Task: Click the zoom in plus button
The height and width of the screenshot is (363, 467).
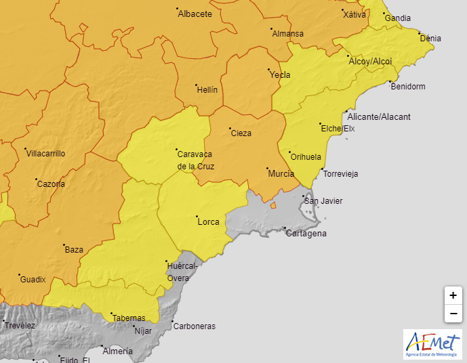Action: [453, 295]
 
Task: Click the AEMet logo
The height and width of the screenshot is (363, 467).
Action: [432, 344]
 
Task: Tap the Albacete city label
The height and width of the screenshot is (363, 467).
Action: [195, 14]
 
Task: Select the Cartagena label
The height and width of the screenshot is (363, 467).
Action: [306, 234]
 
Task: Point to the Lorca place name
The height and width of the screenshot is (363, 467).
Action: [207, 221]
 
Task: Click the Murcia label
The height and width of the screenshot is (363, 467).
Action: [281, 174]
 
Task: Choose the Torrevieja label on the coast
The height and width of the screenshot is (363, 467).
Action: [341, 174]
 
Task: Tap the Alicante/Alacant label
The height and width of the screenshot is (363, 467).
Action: [379, 117]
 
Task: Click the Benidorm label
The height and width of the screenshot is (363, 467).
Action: [408, 87]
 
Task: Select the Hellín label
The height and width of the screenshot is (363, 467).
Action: [207, 89]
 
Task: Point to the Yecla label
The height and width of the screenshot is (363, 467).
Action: [280, 75]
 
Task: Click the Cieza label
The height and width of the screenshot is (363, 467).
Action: [241, 133]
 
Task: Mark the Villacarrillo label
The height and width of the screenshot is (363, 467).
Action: [45, 154]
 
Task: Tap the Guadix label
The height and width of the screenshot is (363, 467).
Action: [33, 280]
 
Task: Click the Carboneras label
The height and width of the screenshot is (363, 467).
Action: [195, 326]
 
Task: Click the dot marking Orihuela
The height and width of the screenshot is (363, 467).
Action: [289, 152]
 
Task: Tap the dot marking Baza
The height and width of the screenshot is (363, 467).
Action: [64, 245]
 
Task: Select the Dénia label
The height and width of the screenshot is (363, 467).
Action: [430, 39]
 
